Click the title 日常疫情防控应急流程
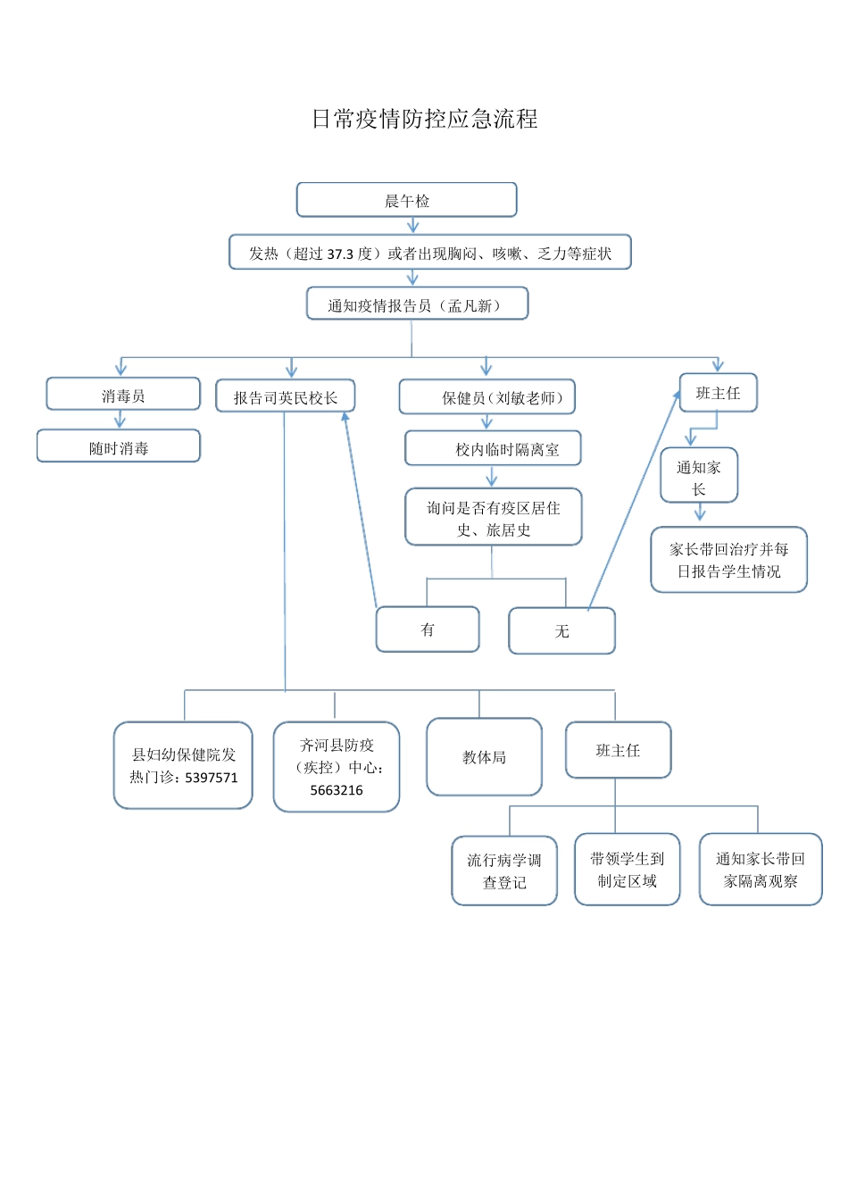(x=424, y=119)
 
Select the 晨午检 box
(x=406, y=200)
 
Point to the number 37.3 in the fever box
(x=340, y=254)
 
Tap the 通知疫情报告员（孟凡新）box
(x=417, y=304)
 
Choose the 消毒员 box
(x=123, y=395)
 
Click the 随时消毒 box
(x=119, y=446)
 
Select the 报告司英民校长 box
(x=285, y=396)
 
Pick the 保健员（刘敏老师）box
(x=487, y=397)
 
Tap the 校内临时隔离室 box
(x=493, y=449)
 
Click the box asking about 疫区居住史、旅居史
(x=493, y=518)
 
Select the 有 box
(x=428, y=629)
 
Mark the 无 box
(x=561, y=631)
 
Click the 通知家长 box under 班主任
(x=699, y=477)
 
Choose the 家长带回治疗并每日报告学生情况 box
(x=728, y=560)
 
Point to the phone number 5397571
(x=212, y=778)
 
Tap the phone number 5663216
(x=337, y=790)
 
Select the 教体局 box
(x=484, y=757)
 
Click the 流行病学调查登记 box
(x=504, y=871)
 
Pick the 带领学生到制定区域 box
(x=627, y=870)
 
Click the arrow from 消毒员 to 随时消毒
(x=120, y=420)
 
